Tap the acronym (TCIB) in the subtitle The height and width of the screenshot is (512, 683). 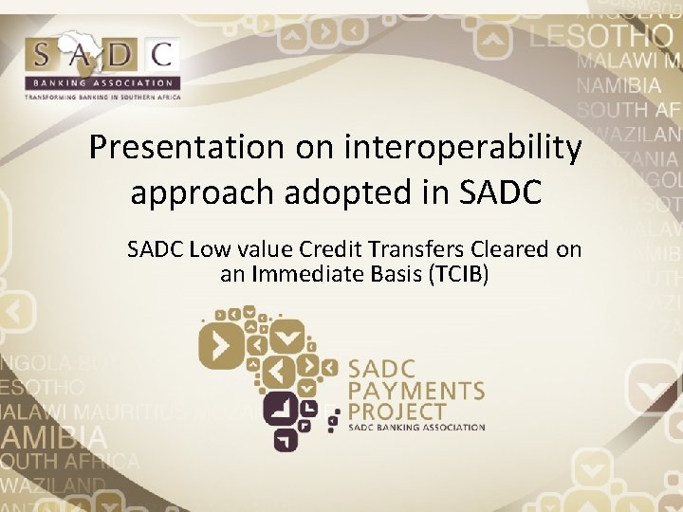(x=459, y=277)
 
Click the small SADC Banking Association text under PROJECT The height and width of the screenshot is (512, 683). (x=416, y=428)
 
